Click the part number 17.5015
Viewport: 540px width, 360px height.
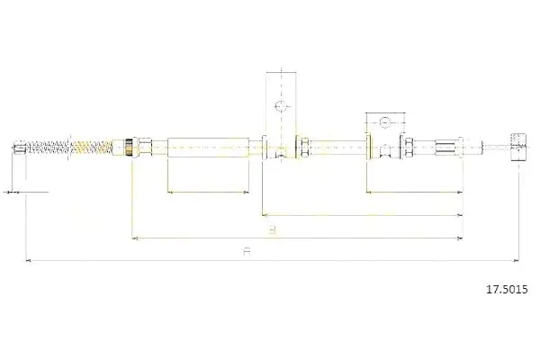[506, 289]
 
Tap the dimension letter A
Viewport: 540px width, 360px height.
[247, 251]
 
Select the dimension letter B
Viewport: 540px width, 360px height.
[272, 229]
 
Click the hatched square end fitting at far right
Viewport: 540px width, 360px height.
[518, 147]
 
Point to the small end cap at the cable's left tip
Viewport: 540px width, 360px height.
[19, 148]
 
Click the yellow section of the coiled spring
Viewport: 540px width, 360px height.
[92, 148]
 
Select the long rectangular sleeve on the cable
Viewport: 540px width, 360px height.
[208, 148]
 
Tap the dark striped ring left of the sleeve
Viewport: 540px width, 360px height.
[129, 148]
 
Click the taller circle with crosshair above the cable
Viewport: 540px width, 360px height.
[281, 106]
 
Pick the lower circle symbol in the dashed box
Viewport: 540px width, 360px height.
[384, 122]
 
